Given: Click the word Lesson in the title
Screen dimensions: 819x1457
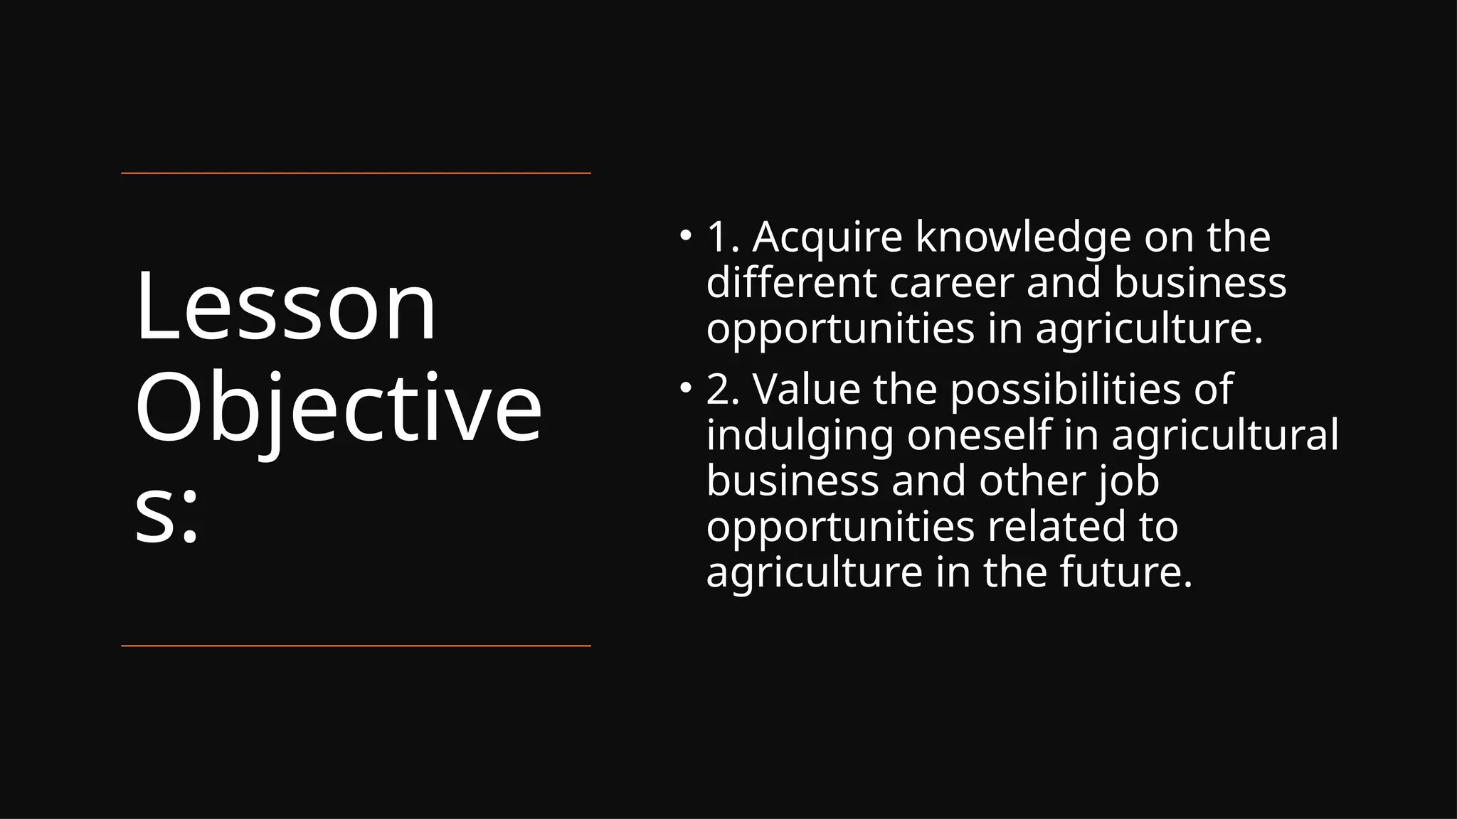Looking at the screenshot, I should pos(285,307).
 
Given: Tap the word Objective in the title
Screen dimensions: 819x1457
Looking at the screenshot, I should pos(338,409).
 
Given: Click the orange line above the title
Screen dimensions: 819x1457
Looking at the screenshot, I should pos(356,173).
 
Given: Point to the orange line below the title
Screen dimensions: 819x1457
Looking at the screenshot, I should pos(356,646).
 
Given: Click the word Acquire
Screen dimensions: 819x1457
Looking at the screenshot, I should pos(827,238).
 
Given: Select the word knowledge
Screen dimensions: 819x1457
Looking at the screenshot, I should pos(1023,238).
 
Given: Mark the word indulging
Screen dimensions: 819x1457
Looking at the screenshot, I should pos(800,437).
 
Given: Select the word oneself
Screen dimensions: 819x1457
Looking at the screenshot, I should pos(979,435).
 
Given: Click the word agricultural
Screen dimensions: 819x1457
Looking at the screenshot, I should pos(1224,437).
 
